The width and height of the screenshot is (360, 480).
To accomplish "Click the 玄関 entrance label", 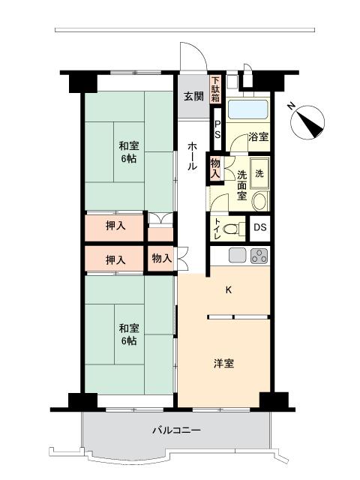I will click(193, 96).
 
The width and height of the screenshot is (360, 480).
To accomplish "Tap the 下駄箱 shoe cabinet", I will click(216, 89).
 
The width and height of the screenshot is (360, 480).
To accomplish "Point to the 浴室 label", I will click(259, 137).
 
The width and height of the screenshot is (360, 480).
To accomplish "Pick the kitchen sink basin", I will click(238, 256).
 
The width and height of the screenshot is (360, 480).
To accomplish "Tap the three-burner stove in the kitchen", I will click(258, 256).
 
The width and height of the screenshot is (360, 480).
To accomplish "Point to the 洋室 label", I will click(223, 364).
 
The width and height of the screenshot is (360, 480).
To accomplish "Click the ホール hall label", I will click(193, 156).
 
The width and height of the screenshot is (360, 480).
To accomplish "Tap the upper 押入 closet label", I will click(115, 226).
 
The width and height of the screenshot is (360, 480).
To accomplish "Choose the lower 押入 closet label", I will click(115, 259).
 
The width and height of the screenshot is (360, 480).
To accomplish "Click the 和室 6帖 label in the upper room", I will click(128, 153).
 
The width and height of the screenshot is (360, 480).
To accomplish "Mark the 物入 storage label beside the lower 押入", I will click(161, 259).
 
